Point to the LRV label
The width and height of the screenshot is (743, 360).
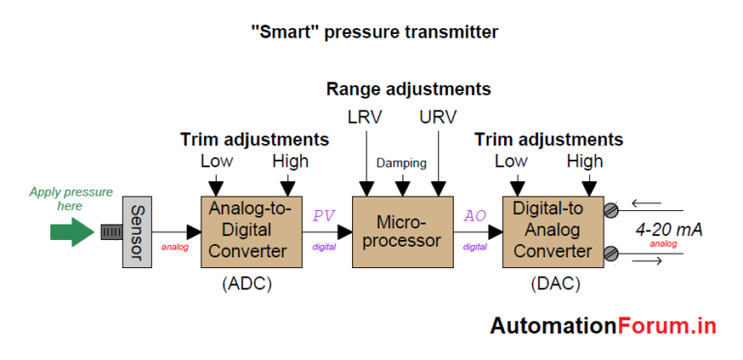[367, 118]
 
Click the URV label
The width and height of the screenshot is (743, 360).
[438, 118]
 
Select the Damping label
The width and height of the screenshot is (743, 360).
[401, 163]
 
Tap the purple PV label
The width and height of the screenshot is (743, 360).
[322, 216]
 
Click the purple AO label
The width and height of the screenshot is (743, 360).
[475, 216]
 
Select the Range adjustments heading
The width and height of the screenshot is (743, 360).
[408, 89]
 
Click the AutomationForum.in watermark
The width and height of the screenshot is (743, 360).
[602, 325]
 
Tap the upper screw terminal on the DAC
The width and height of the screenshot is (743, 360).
[609, 208]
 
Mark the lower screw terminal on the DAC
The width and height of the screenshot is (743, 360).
[609, 253]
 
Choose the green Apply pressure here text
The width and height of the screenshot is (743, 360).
[71, 198]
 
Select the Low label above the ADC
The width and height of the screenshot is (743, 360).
[217, 161]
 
